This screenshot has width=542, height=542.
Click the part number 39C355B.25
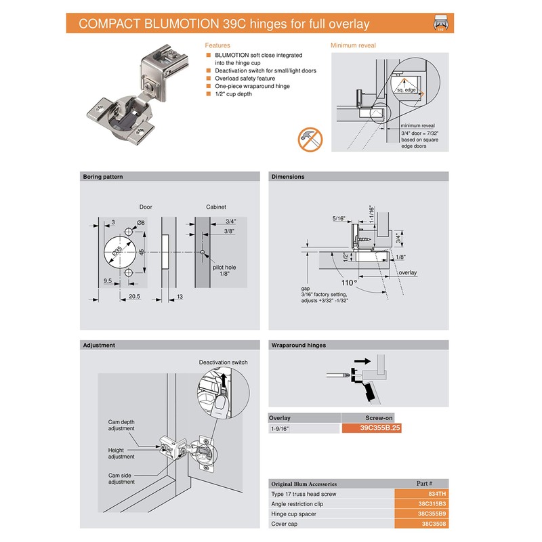pos(371,428)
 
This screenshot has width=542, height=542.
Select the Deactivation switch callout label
pos(223,362)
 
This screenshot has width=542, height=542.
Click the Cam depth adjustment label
pos(121,425)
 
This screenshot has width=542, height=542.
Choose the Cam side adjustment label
pos(121,479)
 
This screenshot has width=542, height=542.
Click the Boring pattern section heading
pos(102,176)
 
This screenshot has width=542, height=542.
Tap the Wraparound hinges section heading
pos(299,345)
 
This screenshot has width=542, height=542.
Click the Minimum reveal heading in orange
pos(353,45)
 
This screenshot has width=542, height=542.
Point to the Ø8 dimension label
pos(141,223)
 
